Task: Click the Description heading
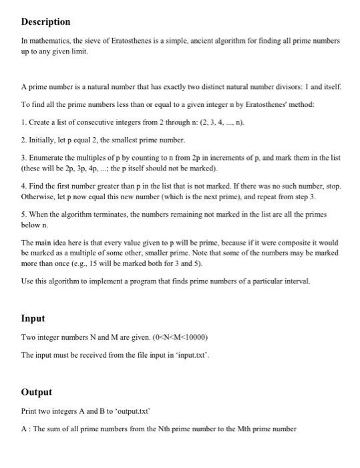(x=46, y=22)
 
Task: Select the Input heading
(x=33, y=319)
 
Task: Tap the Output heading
(x=37, y=392)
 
